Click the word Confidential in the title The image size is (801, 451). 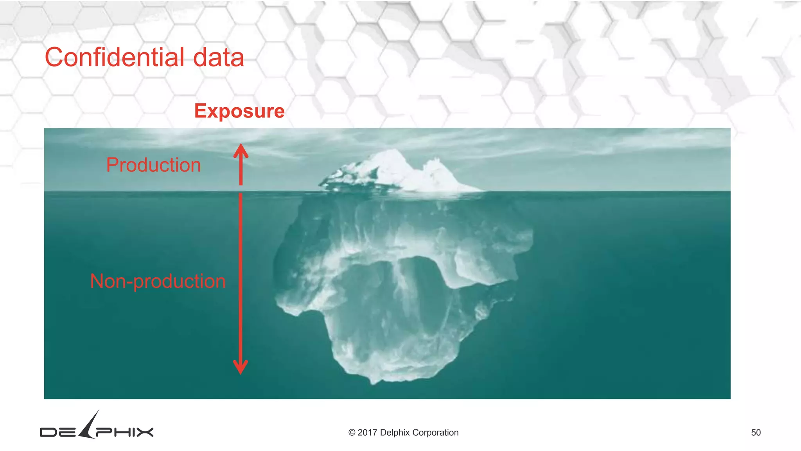pyautogui.click(x=114, y=57)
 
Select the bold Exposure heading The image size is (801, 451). pyautogui.click(x=239, y=111)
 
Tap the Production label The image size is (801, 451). pyautogui.click(x=153, y=165)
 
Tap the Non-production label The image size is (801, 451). pyautogui.click(x=158, y=281)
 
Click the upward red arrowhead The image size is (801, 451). pyautogui.click(x=241, y=150)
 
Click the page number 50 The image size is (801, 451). pyautogui.click(x=756, y=433)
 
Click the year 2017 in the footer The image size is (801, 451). pyautogui.click(x=367, y=433)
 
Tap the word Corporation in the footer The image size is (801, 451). pyautogui.click(x=435, y=433)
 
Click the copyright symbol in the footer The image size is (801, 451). pyautogui.click(x=352, y=433)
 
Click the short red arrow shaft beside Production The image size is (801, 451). pyautogui.click(x=241, y=172)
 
